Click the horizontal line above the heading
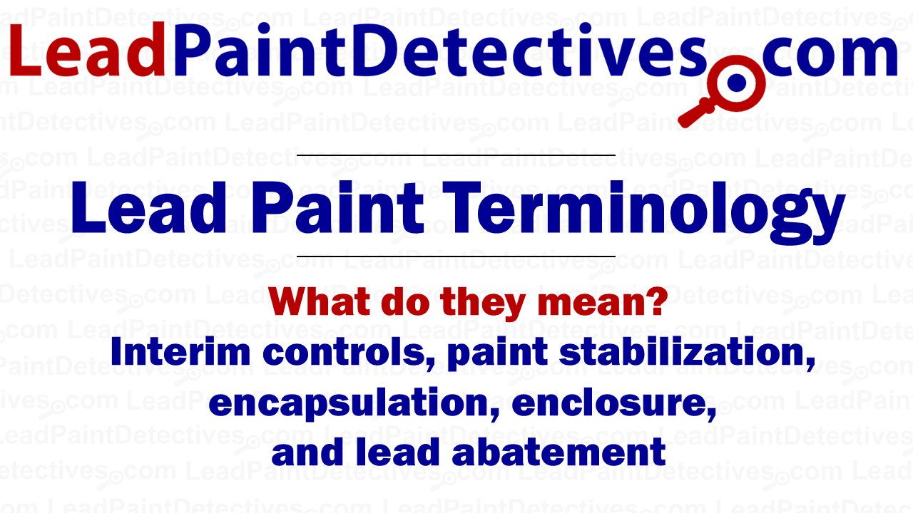click(x=456, y=155)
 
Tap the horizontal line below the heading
click(x=456, y=256)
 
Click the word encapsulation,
click(x=354, y=403)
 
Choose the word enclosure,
click(x=614, y=403)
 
